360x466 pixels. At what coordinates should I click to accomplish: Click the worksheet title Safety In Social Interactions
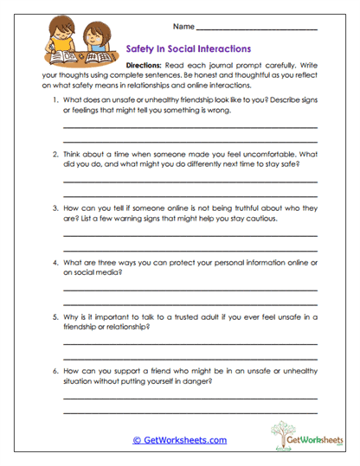[x=189, y=49]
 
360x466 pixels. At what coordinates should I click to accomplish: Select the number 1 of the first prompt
[x=55, y=99]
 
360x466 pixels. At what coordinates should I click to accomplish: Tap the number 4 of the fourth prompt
[x=55, y=262]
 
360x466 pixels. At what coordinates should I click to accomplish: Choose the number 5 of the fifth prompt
[x=55, y=316]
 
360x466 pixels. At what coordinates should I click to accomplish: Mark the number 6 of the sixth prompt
[x=55, y=370]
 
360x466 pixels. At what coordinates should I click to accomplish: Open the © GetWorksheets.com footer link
[x=180, y=440]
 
